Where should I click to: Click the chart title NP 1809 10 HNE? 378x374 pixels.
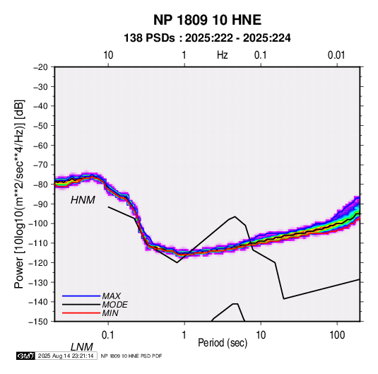pos(207,20)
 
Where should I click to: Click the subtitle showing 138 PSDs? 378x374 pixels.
pos(207,38)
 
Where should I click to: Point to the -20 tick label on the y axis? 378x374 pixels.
pos(40,67)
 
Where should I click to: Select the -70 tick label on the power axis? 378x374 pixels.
pos(40,165)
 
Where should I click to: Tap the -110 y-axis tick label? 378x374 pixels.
pos(38,243)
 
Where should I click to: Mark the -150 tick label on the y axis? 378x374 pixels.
pos(38,322)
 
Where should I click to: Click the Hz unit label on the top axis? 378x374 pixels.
pos(223,55)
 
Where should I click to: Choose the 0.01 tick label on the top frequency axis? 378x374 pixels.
pos(336,55)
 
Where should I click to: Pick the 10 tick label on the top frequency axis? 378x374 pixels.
pos(108,55)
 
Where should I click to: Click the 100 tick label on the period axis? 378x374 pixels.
pos(337,335)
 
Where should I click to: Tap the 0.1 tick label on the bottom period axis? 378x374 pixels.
pos(108,335)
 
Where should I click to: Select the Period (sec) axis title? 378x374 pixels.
pos(223,343)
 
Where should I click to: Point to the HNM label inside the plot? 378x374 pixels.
pos(83,200)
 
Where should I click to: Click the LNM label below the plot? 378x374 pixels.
pos(81,347)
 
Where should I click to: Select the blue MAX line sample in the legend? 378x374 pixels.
pos(81,296)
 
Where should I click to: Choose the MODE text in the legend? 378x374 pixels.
pos(114,305)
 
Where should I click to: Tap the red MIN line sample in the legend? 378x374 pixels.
pos(81,313)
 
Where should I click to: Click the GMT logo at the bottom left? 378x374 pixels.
pos(26,356)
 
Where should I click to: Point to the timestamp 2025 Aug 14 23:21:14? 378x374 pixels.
pos(66,356)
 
